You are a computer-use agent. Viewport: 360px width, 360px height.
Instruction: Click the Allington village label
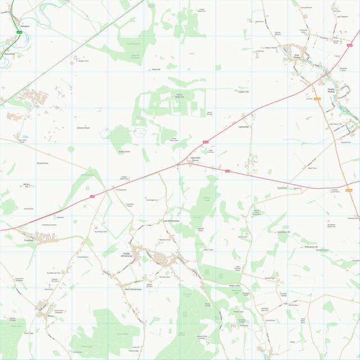tap(24, 26)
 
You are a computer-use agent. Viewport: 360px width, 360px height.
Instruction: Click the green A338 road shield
tap(19, 34)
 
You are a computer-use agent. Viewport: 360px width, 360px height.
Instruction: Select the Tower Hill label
tap(156, 69)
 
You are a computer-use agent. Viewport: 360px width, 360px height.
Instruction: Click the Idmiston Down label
tap(83, 128)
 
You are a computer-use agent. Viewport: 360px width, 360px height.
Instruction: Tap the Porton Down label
tap(43, 163)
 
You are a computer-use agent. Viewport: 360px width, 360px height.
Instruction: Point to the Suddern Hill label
tap(243, 91)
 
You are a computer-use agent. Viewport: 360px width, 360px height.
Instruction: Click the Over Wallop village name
tap(298, 56)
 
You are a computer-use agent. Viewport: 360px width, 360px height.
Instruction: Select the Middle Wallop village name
tap(331, 90)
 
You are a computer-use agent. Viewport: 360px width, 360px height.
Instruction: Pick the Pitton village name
tap(51, 316)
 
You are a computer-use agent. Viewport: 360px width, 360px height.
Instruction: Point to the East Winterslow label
tap(171, 221)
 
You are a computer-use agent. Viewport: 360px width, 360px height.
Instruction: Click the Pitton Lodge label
tap(29, 333)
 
